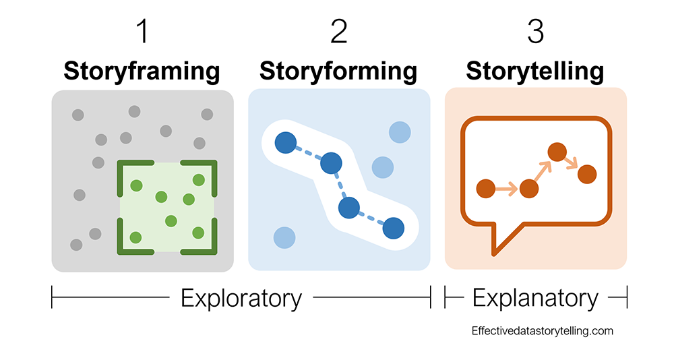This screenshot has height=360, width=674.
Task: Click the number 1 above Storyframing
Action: point(142,32)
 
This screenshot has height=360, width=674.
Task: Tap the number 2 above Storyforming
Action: point(338,32)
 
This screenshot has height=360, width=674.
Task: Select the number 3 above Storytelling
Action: point(536,32)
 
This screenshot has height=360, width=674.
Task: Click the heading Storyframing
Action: point(142,71)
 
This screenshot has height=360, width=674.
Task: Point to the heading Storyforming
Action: point(338,71)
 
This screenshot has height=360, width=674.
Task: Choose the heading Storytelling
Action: point(535,71)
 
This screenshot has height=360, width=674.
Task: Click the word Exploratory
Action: point(241,297)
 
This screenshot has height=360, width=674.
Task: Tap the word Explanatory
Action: point(536,297)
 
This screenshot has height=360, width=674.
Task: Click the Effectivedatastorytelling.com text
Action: point(543,331)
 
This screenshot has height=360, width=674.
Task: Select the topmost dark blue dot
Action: point(285,142)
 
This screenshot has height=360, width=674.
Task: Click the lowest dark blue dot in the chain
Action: point(393,228)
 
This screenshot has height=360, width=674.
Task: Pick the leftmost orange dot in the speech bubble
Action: point(485,189)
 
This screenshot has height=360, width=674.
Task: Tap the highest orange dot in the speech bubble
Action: point(556,152)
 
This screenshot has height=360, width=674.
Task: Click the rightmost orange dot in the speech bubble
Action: point(588,173)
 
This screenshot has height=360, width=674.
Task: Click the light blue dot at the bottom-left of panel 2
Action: point(284,237)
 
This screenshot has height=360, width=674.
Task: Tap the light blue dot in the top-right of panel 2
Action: point(400,131)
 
